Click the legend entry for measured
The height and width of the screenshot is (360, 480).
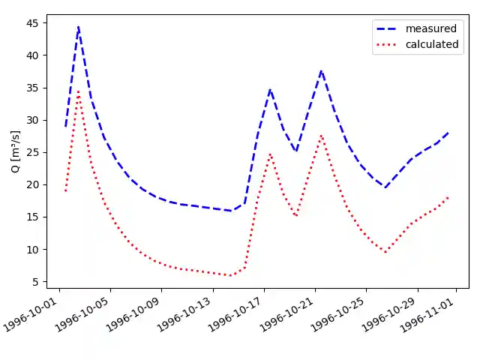(x=430, y=28)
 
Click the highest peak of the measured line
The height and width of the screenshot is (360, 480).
(x=78, y=26)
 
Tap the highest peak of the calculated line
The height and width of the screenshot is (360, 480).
(x=78, y=91)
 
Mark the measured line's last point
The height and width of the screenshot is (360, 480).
(x=448, y=133)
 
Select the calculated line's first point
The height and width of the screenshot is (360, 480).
(x=65, y=191)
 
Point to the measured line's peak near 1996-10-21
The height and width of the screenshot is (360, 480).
(x=321, y=70)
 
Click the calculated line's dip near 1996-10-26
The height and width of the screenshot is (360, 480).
(x=385, y=253)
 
